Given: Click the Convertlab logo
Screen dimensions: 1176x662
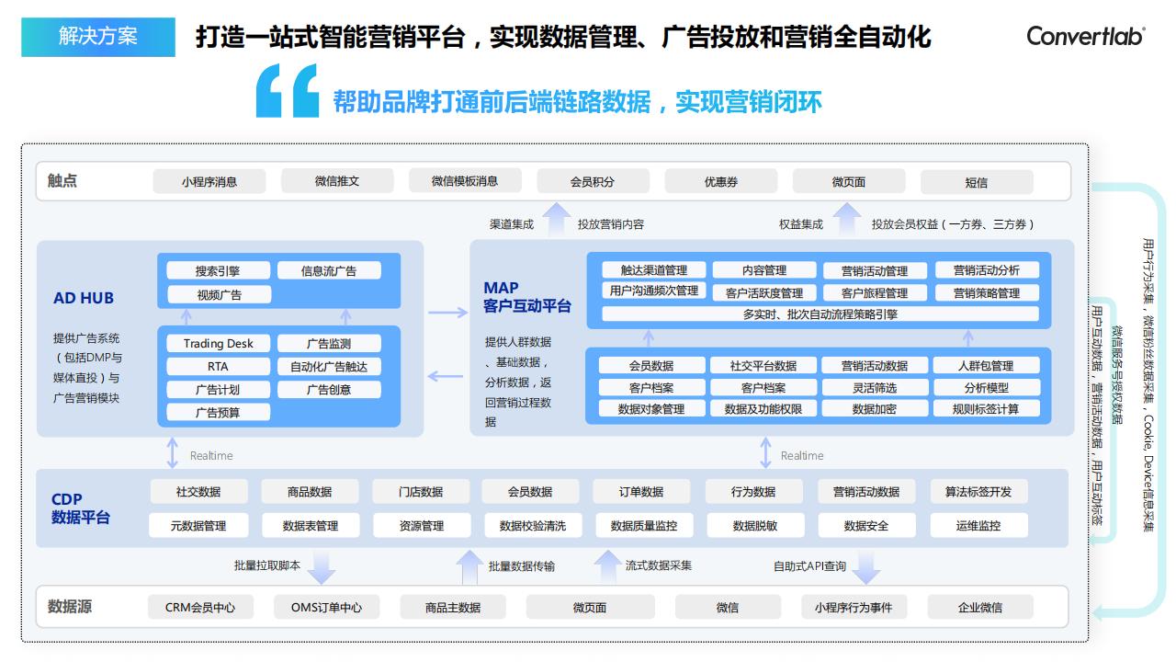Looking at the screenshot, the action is pos(1086,36).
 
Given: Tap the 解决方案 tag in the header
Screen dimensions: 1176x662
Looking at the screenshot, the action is pos(98,37).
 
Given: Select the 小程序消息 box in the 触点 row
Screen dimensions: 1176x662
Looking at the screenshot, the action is pos(209,182).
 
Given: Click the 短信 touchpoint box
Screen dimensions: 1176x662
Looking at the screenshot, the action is pos(977,182).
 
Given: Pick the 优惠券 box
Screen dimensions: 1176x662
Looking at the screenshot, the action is pos(721,182).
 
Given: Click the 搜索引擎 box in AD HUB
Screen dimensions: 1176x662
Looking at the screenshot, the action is pos(218,270).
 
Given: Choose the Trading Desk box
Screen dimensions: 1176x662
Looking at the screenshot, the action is pos(218,343).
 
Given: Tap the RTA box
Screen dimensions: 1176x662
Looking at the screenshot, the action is pos(218,366).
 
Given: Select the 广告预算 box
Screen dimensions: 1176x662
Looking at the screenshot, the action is pos(218,413).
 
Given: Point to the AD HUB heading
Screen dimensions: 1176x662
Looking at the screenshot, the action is pos(84,298).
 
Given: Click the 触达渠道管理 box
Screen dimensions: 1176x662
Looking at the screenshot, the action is pos(653,270).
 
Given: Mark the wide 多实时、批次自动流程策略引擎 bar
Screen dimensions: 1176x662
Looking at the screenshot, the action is pos(820,314).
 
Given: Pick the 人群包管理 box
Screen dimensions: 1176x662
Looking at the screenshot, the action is pos(986,365).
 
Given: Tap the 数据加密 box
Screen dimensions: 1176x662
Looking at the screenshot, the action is pos(874,409).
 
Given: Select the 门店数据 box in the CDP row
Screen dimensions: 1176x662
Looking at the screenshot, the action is pos(421,492).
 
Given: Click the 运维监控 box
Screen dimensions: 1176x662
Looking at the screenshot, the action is pos(978,525).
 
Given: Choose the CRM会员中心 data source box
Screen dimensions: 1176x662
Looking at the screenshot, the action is pos(200,608).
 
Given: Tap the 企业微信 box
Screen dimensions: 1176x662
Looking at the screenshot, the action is pos(980,608).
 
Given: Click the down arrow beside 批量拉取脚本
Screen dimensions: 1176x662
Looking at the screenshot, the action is pos(321,567).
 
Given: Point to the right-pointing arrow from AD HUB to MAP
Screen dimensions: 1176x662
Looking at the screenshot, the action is pos(447,313).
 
